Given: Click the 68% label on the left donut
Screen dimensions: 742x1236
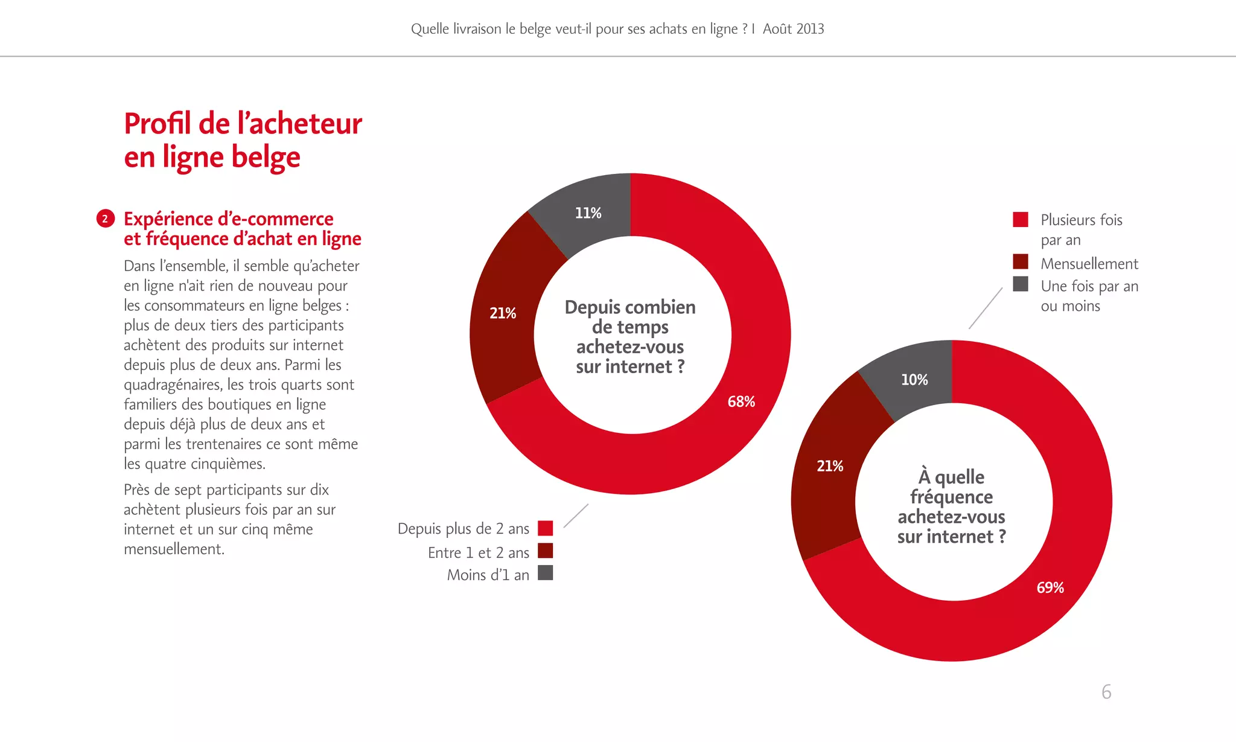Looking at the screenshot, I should point(741,401).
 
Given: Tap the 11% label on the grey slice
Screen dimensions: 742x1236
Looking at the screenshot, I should point(588,213).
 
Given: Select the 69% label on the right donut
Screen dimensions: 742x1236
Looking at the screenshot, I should point(1050,587).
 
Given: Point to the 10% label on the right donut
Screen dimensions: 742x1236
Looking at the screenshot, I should point(914,380).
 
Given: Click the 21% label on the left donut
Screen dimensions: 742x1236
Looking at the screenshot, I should point(503,313).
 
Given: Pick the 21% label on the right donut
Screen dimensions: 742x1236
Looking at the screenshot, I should point(830,466).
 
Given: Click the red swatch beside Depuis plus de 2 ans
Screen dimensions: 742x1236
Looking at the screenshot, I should point(545,528).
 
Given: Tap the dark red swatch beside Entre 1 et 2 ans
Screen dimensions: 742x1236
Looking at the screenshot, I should point(545,551).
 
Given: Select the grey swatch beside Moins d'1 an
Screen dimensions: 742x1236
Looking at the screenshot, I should point(545,573).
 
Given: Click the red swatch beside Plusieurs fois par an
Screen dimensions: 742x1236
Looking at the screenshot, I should point(1021,219).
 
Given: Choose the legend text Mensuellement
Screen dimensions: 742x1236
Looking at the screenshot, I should point(1089,264).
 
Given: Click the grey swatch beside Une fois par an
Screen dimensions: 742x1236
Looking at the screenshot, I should point(1021,284).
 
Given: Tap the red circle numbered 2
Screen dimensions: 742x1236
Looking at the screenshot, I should point(106,219).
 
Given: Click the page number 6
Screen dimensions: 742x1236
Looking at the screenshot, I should point(1106,692).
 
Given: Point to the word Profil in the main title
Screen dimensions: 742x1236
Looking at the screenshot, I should point(158,124).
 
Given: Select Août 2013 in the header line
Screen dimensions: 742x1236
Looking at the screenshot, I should point(793,29).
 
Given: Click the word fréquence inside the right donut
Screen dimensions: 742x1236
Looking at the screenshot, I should point(951,497).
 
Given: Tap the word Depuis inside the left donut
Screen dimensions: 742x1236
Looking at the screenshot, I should point(594,307).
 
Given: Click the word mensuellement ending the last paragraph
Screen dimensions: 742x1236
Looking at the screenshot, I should point(174,549).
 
